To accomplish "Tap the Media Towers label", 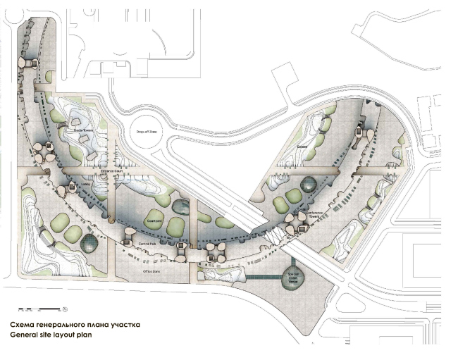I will [85, 131].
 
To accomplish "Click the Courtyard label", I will [154, 220].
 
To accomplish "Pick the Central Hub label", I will [147, 244].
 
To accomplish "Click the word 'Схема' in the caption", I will [23, 325].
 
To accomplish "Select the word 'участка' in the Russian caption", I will [125, 325].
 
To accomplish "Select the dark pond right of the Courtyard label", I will [180, 208].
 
